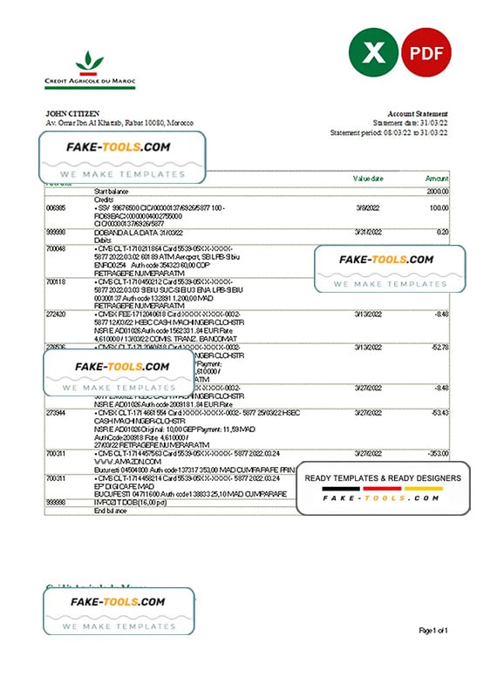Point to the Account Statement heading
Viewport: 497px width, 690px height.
click(x=418, y=114)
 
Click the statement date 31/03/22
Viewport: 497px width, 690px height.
click(x=433, y=123)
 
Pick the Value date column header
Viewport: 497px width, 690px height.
click(x=367, y=178)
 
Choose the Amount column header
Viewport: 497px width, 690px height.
click(x=436, y=178)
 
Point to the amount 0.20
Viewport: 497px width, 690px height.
click(x=442, y=232)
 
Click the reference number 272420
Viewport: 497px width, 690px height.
click(x=56, y=313)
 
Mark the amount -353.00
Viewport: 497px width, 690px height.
click(x=436, y=453)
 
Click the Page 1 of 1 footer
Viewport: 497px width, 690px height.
click(x=433, y=630)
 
